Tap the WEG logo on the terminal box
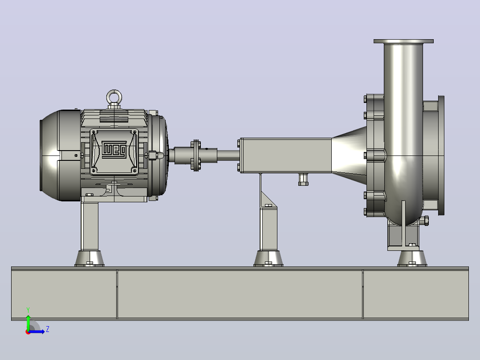(114, 150)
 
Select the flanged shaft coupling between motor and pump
(195, 155)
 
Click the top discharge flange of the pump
(403, 41)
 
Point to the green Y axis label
(28, 310)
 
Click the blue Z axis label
(48, 329)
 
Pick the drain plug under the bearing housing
(303, 179)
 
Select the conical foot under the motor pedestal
(89, 258)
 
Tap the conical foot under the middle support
(268, 258)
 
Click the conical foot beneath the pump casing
(412, 258)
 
